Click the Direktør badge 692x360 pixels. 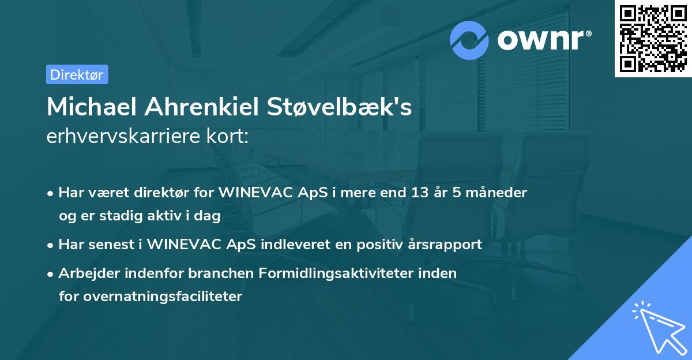tap(77, 74)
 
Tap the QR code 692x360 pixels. tap(653, 38)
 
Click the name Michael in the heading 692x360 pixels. tap(92, 107)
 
